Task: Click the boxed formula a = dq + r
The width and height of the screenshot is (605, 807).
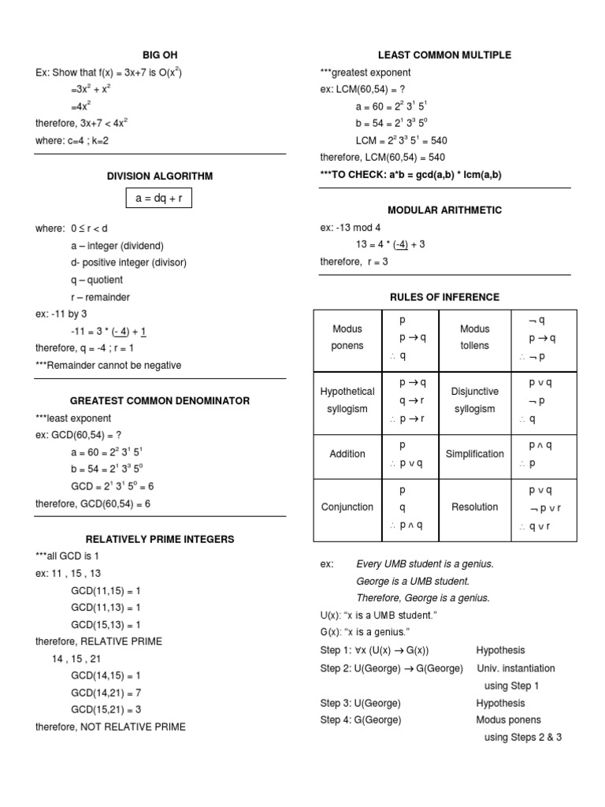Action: (159, 199)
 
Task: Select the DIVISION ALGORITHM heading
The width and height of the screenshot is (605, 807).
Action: (160, 176)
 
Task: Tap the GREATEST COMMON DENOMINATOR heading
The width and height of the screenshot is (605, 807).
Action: (160, 400)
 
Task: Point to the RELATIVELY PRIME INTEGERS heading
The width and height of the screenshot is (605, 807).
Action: (160, 539)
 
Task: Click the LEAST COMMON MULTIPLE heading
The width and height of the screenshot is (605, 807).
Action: (444, 55)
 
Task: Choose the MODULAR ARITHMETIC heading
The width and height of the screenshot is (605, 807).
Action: (444, 210)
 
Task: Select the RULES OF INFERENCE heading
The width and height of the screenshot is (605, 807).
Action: (444, 296)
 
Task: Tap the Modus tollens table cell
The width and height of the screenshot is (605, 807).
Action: (474, 337)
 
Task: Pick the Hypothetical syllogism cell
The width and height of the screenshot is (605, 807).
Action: (347, 400)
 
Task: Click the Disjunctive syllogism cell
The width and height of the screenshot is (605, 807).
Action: (474, 400)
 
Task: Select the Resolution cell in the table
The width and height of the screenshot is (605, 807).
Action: (474, 507)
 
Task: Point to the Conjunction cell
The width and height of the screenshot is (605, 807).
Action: (347, 507)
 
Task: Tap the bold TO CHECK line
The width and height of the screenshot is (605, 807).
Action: (410, 175)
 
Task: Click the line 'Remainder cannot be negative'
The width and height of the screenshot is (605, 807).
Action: (108, 365)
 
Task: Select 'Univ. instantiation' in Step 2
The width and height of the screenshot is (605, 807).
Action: (515, 668)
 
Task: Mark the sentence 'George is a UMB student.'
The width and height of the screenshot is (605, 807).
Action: (413, 581)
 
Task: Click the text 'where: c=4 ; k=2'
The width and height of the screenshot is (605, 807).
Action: (76, 141)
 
